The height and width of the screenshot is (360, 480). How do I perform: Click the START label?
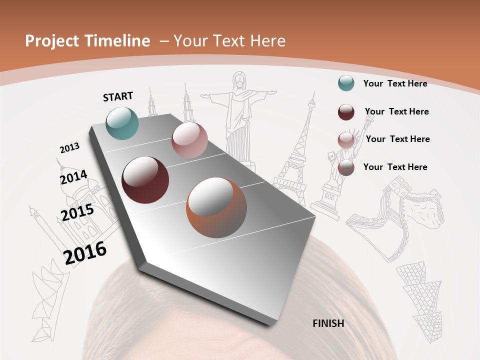pyautogui.click(x=118, y=96)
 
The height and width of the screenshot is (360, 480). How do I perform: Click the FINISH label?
pyautogui.click(x=328, y=323)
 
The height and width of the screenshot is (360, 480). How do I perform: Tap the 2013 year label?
pyautogui.click(x=70, y=148)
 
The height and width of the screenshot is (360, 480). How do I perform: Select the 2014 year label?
pyautogui.click(x=73, y=177)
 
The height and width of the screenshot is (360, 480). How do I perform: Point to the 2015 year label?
pyautogui.click(x=77, y=212)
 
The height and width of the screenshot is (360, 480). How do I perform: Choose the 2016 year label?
pyautogui.click(x=85, y=252)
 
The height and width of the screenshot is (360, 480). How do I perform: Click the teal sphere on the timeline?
pyautogui.click(x=122, y=123)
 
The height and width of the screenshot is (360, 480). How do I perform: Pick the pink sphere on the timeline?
pyautogui.click(x=189, y=140)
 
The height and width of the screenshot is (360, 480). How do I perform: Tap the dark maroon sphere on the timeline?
pyautogui.click(x=145, y=180)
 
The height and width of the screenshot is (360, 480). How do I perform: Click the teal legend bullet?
pyautogui.click(x=346, y=83)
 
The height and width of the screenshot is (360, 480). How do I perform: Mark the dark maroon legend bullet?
pyautogui.click(x=346, y=112)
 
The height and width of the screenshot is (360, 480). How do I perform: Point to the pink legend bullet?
pyautogui.click(x=346, y=140)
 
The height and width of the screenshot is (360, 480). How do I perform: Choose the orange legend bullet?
pyautogui.click(x=346, y=167)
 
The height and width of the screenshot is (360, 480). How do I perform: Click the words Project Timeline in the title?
pyautogui.click(x=87, y=41)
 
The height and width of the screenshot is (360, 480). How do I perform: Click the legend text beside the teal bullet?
pyautogui.click(x=395, y=83)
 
